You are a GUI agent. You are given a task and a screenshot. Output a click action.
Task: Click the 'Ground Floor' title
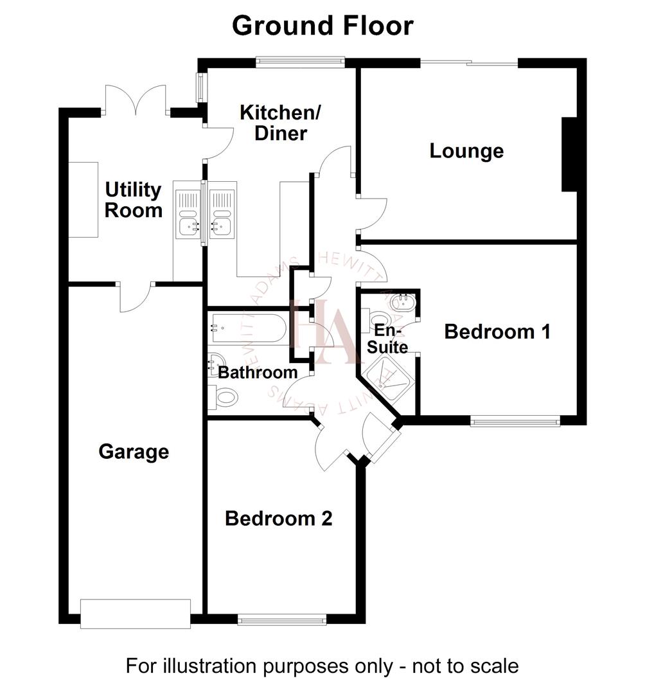[322, 26]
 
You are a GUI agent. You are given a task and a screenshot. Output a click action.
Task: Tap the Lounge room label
[466, 152]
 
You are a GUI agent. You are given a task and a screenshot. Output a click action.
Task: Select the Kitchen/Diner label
[280, 123]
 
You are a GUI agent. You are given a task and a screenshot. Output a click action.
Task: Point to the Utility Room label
[133, 200]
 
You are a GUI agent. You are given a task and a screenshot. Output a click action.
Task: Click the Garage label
[134, 452]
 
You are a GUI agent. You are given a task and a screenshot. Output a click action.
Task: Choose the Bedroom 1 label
[498, 332]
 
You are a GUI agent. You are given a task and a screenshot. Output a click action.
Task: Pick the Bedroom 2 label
[278, 519]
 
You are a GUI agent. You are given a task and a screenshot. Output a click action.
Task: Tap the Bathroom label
[258, 372]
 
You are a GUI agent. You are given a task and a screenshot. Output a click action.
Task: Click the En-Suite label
[391, 339]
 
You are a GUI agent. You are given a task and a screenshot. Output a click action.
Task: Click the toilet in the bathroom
[224, 396]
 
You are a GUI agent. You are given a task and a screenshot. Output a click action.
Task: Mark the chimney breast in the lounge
[569, 154]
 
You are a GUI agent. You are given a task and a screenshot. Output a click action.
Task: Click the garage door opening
[136, 613]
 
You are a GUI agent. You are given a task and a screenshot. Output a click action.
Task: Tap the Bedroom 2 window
[281, 620]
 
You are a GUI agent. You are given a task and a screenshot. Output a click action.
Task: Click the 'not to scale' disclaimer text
[322, 666]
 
